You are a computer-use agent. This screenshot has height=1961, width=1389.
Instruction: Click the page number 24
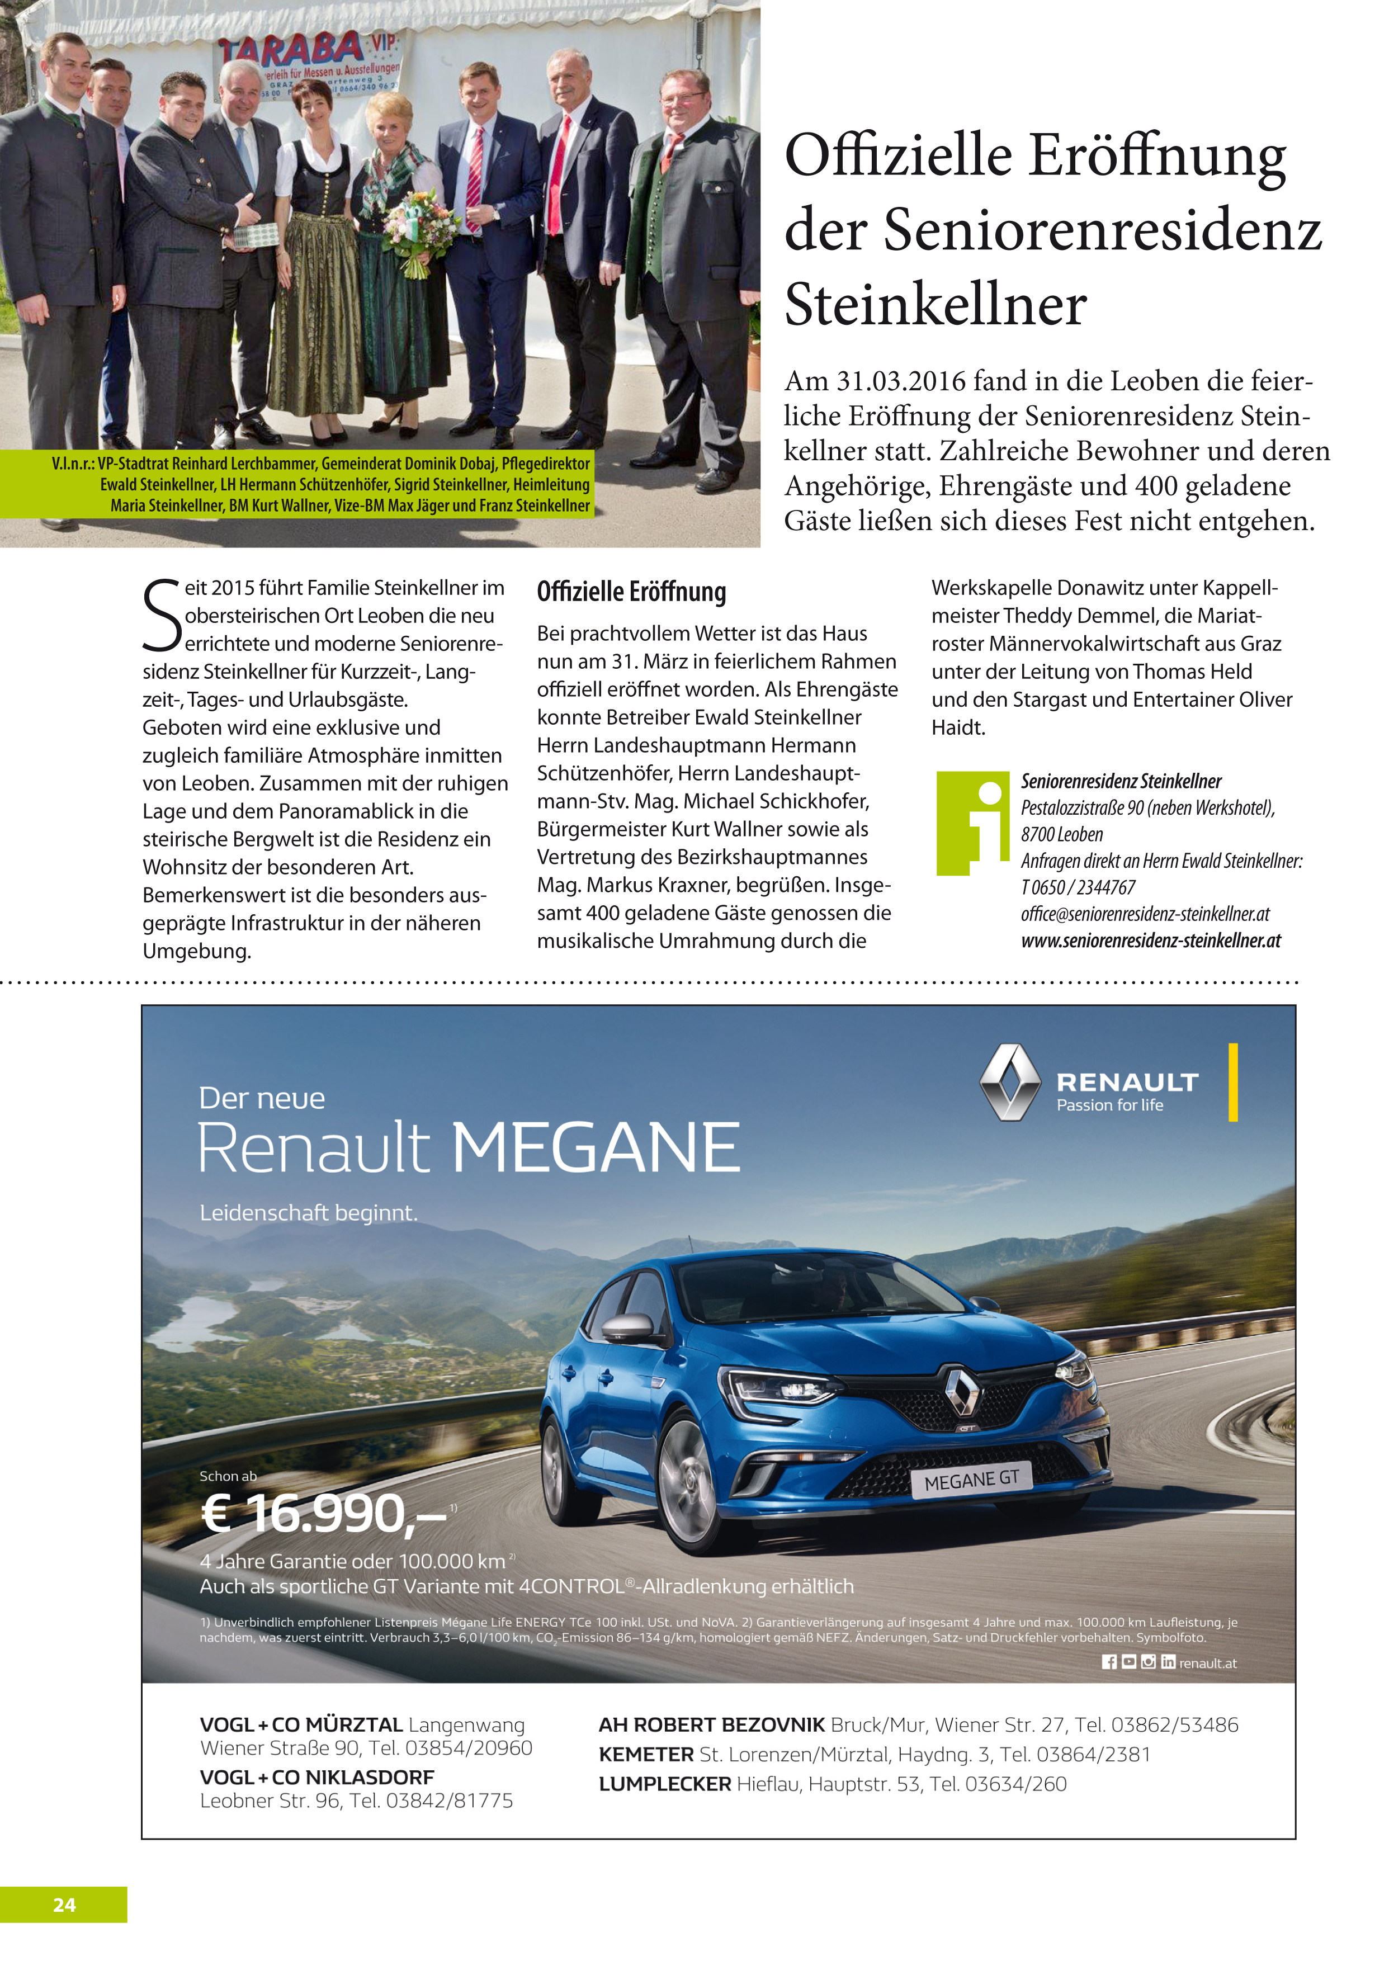point(64,1905)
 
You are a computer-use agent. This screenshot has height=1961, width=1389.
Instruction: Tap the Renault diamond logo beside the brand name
point(1009,1082)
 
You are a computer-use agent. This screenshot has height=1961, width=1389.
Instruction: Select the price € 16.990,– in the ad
point(323,1513)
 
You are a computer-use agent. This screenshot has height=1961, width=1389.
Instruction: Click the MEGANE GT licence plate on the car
point(972,1478)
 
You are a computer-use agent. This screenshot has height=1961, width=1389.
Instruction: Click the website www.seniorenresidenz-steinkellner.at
point(1150,941)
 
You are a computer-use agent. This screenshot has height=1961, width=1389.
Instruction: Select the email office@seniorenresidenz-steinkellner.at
point(1145,913)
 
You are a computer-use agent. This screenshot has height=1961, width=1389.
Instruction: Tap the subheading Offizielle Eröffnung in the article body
point(631,592)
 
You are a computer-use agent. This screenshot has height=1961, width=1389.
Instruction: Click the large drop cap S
point(162,616)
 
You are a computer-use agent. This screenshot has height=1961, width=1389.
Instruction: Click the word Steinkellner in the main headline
point(935,305)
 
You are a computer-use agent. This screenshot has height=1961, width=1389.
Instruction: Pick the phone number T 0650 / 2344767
point(1078,887)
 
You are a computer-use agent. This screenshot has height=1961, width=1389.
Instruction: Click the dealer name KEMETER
point(646,1755)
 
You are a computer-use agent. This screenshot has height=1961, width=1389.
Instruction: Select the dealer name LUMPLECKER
point(664,1784)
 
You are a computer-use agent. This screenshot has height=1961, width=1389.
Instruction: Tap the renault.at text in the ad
point(1208,1662)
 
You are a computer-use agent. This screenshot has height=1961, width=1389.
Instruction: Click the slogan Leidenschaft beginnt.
point(309,1213)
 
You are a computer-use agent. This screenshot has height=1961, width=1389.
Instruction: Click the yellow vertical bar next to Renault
point(1232,1082)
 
